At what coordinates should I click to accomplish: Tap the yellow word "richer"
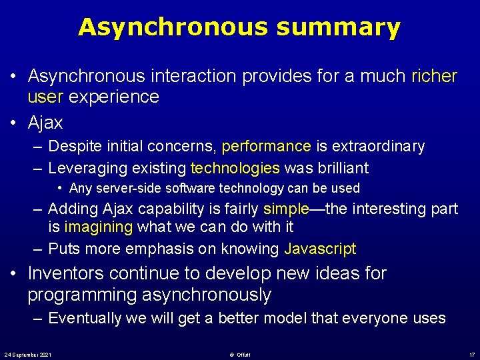coord(434,76)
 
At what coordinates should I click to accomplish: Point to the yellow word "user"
coord(45,97)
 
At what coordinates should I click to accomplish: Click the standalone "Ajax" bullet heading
coord(45,123)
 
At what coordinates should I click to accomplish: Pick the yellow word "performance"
coord(266,146)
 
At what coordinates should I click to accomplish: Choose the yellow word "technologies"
coord(235,167)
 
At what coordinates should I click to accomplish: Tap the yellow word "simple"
coord(286,209)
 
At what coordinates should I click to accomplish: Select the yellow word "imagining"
coord(99,227)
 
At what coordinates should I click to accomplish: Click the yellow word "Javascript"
coord(320,249)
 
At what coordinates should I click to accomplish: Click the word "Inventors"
coord(65,273)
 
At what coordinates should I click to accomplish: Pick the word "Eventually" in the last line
coord(85,318)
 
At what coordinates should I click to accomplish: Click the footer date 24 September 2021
coord(28,353)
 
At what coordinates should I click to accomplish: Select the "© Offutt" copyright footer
coord(239,353)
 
